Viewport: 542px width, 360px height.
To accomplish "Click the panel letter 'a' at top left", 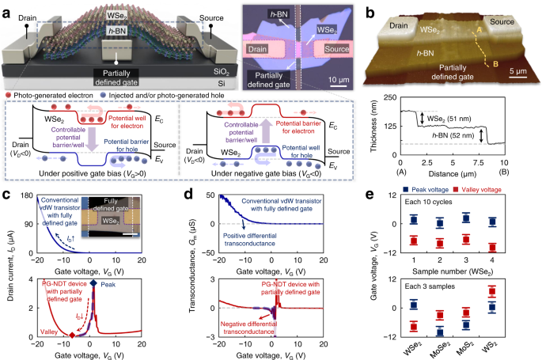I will (x=6, y=6).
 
